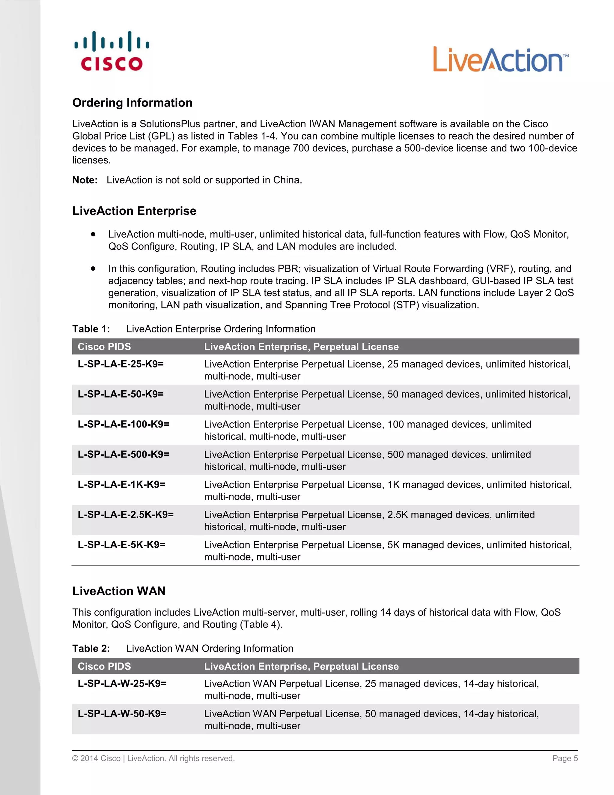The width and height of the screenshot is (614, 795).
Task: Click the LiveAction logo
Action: [x=500, y=60]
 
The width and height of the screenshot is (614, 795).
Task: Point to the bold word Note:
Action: [x=85, y=180]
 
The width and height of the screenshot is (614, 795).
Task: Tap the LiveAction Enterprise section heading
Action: [x=134, y=211]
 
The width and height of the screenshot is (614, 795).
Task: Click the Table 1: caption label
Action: [x=91, y=329]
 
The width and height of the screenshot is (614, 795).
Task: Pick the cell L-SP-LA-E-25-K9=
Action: [x=121, y=364]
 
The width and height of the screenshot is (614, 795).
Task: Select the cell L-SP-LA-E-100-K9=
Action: [x=123, y=424]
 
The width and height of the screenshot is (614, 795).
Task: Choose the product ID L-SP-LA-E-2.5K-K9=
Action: [x=126, y=514]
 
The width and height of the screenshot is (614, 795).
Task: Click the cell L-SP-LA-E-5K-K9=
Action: [x=121, y=544]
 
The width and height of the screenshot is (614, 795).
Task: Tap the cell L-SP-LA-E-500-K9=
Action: [x=123, y=454]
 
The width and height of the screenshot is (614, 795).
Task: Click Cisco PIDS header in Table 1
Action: [x=104, y=346]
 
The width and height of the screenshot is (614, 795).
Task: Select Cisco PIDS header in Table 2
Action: [x=104, y=666]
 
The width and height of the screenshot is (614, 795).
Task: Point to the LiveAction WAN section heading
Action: [x=119, y=591]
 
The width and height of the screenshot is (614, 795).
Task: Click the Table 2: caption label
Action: [x=91, y=648]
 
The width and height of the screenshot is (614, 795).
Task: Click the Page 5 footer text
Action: [x=565, y=758]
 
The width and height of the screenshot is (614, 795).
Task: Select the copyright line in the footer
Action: [x=153, y=758]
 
